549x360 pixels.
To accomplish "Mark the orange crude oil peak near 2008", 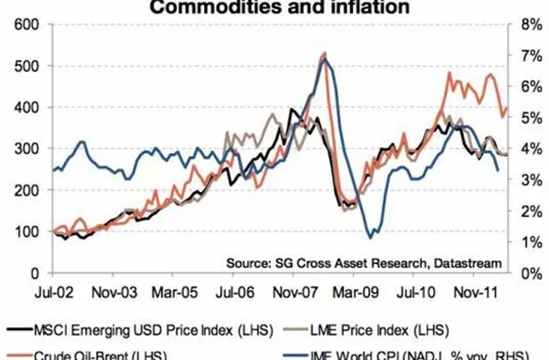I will click(324, 54).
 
